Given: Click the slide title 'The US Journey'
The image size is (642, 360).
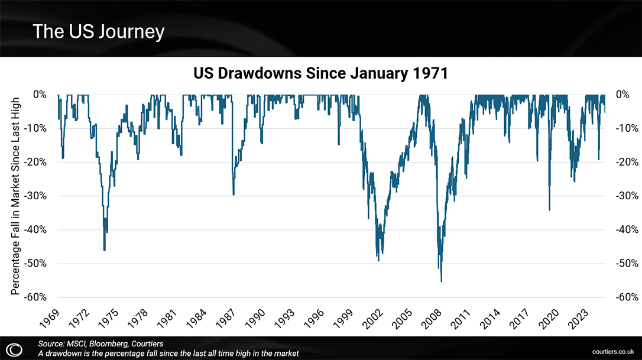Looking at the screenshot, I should coord(98,31).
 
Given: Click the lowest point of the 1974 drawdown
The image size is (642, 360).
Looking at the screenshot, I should coord(105,250).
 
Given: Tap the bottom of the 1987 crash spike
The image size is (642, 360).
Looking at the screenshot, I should coord(234,194).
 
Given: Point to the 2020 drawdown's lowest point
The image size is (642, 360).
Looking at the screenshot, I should coord(550,210).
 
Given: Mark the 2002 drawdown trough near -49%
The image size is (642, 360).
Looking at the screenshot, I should coord(378,261).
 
